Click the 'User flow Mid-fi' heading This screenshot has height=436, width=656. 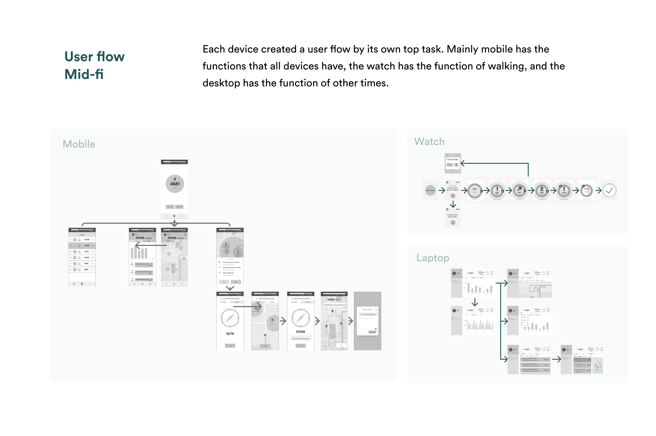click(x=94, y=65)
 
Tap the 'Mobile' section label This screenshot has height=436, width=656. click(x=79, y=144)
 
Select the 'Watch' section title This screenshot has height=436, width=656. click(x=429, y=141)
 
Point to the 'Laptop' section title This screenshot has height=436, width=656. click(x=433, y=258)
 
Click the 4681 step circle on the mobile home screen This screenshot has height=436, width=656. click(x=175, y=184)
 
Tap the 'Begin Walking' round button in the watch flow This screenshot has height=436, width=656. click(x=430, y=190)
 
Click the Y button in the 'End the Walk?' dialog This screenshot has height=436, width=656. click(x=450, y=165)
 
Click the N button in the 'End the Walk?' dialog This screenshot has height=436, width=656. click(x=456, y=165)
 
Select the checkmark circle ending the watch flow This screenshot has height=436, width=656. click(x=609, y=190)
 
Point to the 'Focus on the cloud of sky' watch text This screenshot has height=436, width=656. click(x=452, y=216)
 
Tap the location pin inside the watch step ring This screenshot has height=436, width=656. click(x=542, y=189)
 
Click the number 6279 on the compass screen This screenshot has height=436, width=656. click(x=230, y=334)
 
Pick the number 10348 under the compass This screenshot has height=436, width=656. click(x=300, y=332)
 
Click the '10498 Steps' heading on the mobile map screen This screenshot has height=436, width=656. click(x=334, y=300)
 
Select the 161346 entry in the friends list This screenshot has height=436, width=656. click(x=87, y=240)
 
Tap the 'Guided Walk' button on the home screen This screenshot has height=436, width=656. click(x=179, y=207)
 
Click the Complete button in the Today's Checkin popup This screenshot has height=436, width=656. click(x=372, y=332)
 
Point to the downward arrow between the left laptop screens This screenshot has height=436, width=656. click(x=475, y=302)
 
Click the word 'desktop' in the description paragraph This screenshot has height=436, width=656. click(x=221, y=83)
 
